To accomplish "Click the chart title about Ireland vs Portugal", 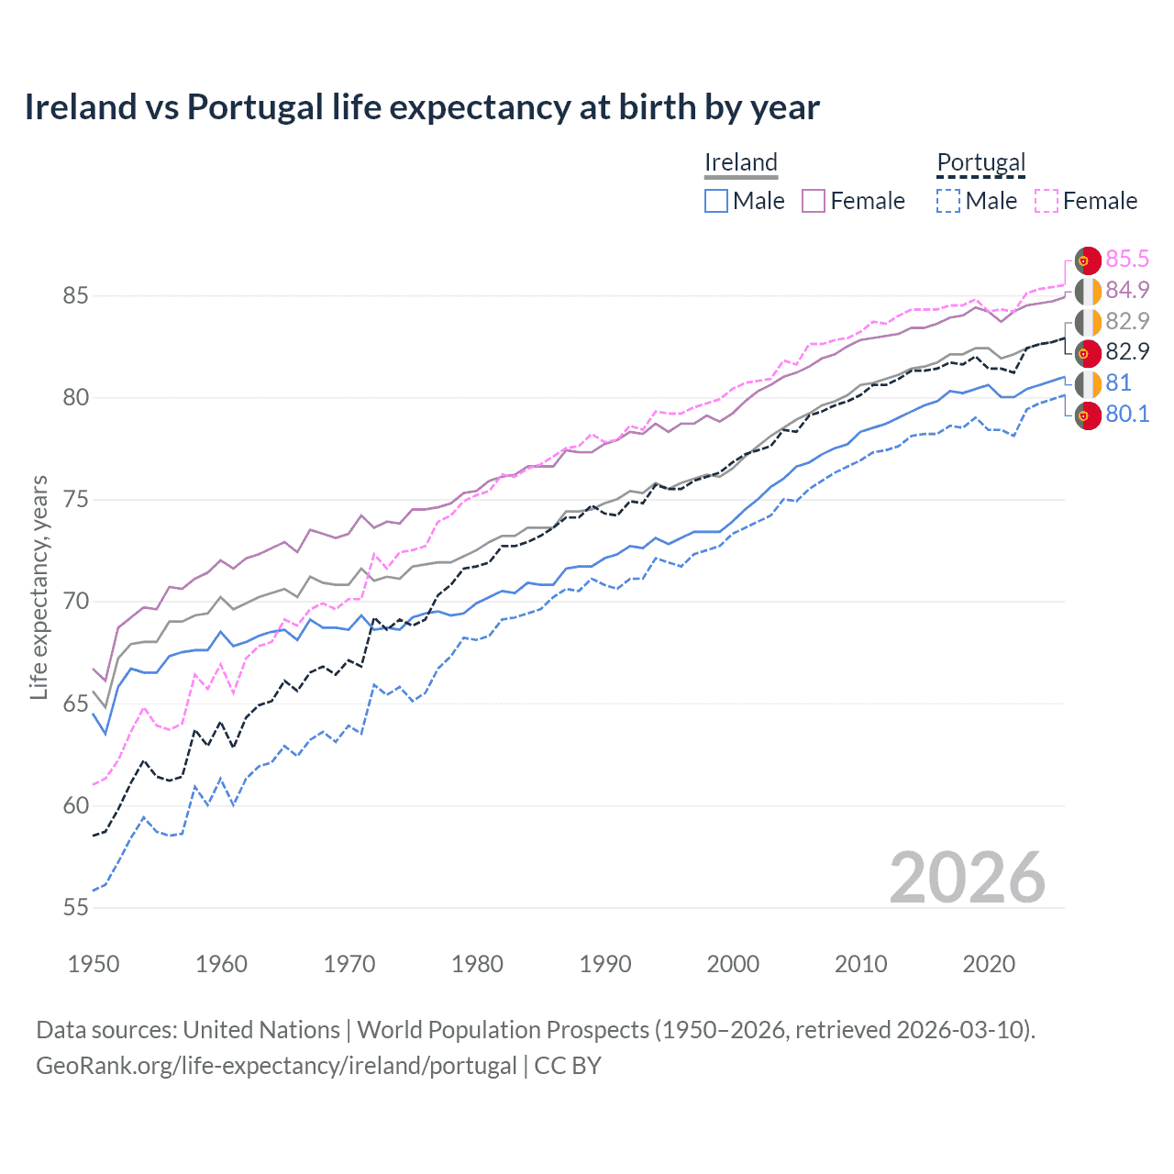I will pos(422,107).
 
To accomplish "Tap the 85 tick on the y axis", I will pos(75,295).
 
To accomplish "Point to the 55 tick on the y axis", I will pos(75,907).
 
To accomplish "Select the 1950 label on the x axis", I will pos(94,964).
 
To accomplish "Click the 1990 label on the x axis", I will pos(605,964).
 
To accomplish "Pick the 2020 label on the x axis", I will pos(989,964).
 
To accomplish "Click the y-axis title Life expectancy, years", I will pos(39,587).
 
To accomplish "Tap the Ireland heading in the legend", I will pos(741,162).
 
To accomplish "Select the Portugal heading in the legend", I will pos(980,162).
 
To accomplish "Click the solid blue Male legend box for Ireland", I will pos(716,201).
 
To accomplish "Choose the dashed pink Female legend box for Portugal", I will pos(1047,201).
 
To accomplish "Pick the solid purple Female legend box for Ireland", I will pos(814,201).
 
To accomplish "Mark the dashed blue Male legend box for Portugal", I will pos(948,201).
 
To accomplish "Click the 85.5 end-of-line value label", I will pos(1127,260).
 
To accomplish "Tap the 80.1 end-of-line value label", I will pos(1127,414).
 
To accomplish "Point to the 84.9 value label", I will pos(1127,291).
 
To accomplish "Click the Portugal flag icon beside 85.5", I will pos(1088,260).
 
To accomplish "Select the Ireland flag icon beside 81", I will pos(1088,383).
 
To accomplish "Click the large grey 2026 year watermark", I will pos(967,878).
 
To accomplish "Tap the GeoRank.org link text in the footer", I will pos(276,1066).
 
